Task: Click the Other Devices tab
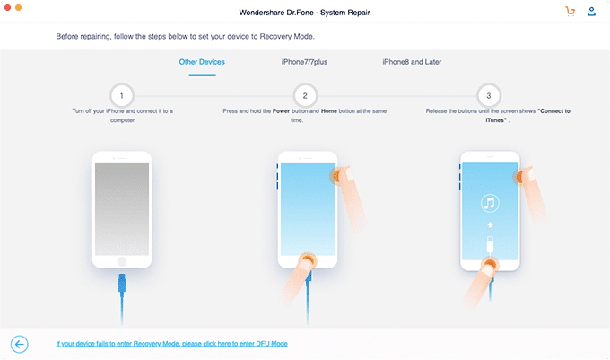point(202,62)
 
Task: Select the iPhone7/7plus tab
point(304,62)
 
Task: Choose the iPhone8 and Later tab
point(412,62)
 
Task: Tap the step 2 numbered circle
point(305,94)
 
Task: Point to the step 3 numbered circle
point(489,94)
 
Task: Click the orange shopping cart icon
point(570,12)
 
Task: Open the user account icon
point(592,12)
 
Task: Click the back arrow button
point(20,343)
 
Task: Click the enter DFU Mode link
point(171,343)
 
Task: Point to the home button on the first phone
point(121,264)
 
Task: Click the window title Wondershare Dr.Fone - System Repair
point(305,12)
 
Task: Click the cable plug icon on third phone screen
point(489,243)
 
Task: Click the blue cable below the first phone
point(121,296)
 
